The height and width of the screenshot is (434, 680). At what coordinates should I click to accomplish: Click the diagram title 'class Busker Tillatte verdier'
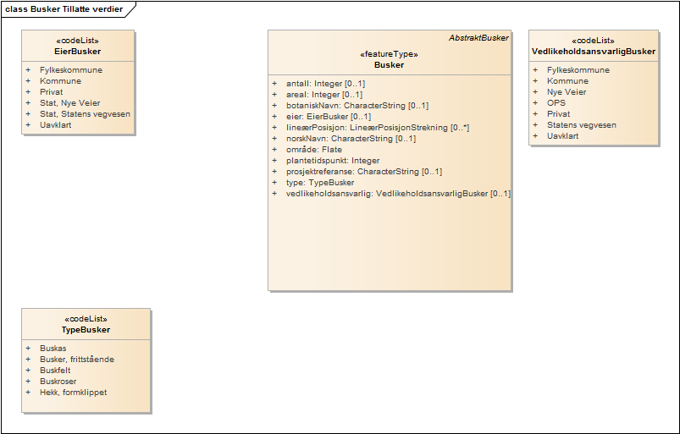pyautogui.click(x=64, y=9)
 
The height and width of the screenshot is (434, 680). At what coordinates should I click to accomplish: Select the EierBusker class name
pyautogui.click(x=77, y=51)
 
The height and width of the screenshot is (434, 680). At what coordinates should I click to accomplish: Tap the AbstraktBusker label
pyautogui.click(x=478, y=39)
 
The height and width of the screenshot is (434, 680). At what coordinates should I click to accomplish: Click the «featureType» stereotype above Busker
pyautogui.click(x=390, y=54)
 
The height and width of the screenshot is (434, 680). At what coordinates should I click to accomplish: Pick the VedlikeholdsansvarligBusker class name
pyautogui.click(x=594, y=51)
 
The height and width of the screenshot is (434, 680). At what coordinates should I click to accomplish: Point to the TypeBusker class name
pyautogui.click(x=86, y=329)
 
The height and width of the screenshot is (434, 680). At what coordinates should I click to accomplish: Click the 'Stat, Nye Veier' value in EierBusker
pyautogui.click(x=69, y=103)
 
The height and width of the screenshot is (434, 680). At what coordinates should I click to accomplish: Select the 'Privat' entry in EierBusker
pyautogui.click(x=51, y=92)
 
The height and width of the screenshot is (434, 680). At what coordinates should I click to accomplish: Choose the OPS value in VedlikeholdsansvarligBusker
pyautogui.click(x=556, y=103)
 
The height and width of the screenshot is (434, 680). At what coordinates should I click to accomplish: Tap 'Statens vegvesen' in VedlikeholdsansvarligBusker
pyautogui.click(x=581, y=125)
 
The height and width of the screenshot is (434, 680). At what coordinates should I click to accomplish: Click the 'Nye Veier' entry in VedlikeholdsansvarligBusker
pyautogui.click(x=566, y=92)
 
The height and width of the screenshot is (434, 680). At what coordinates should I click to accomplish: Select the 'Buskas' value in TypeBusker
pyautogui.click(x=53, y=349)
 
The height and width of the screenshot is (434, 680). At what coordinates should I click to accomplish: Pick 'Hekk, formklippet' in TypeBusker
pyautogui.click(x=73, y=393)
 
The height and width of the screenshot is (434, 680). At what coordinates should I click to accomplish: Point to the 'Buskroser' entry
pyautogui.click(x=58, y=382)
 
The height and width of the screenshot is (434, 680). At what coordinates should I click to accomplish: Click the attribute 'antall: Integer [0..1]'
pyautogui.click(x=325, y=84)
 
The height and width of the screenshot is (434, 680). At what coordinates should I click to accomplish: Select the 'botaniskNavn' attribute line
pyautogui.click(x=357, y=106)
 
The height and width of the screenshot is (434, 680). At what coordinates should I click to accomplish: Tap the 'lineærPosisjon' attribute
pyautogui.click(x=378, y=128)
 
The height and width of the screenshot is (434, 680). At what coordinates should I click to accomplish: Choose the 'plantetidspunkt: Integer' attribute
pyautogui.click(x=333, y=161)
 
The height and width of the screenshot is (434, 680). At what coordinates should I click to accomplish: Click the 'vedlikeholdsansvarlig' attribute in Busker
pyautogui.click(x=398, y=194)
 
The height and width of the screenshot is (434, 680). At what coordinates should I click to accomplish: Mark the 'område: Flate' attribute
pyautogui.click(x=314, y=150)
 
